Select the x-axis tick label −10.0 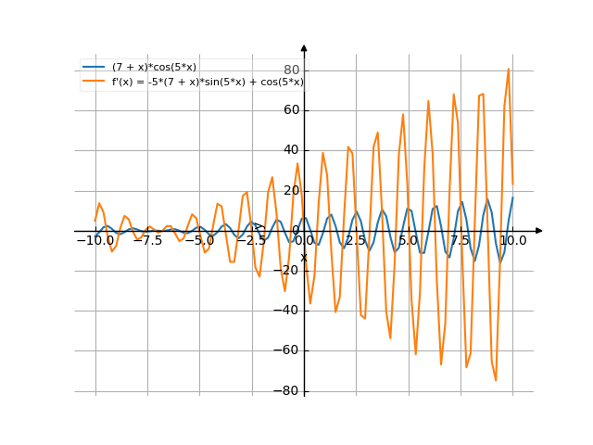coord(95,240)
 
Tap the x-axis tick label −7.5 coord(147,240)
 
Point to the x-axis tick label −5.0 coord(199,240)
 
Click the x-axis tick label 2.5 coord(356,240)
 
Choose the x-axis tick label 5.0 coord(409,240)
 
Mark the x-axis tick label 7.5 coord(461,240)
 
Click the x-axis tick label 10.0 coord(512,240)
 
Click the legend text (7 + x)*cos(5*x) coord(154,67)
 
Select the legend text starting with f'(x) coord(208,82)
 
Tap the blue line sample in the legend coord(94,67)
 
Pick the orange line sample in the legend coord(94,82)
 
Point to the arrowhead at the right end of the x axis coord(539,230)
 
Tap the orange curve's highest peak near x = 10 coord(508,70)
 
